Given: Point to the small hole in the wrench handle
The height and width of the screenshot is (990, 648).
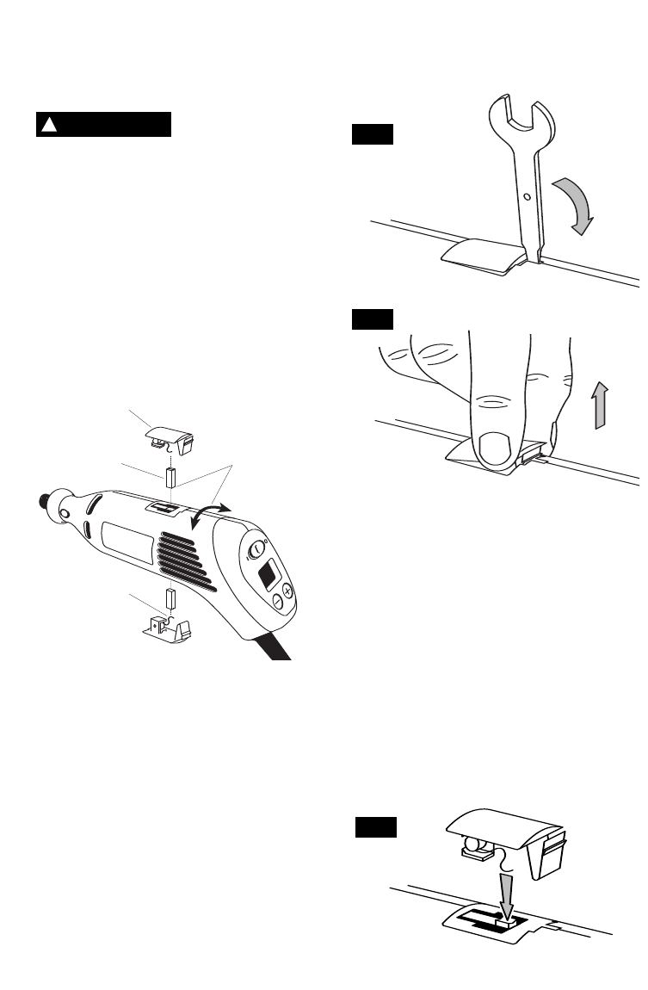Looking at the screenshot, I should (x=527, y=196).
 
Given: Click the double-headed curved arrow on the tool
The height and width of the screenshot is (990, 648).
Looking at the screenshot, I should (x=213, y=517).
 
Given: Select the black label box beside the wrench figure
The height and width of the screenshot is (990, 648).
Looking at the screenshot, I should (x=372, y=134).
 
